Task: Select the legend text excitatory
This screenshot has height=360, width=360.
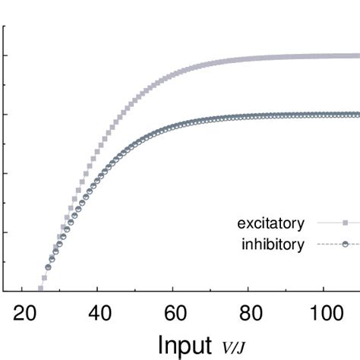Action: pos(271,223)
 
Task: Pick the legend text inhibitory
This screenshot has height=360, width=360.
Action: pos(273,244)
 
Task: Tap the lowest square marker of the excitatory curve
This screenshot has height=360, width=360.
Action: pos(40,288)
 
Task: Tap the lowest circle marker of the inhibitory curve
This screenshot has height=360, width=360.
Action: pos(49,267)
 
